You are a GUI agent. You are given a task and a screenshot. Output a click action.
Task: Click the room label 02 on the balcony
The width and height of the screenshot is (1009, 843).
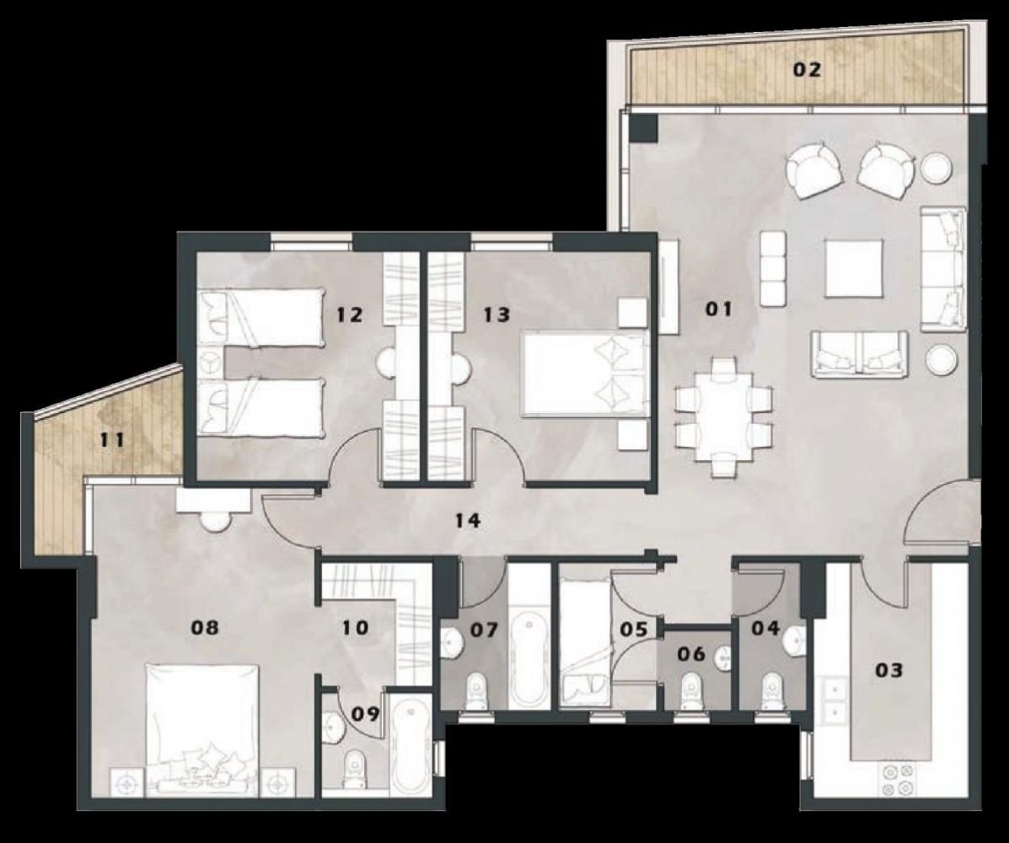pyautogui.click(x=806, y=70)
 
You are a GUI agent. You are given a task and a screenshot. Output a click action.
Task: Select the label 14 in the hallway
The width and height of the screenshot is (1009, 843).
pyautogui.click(x=466, y=521)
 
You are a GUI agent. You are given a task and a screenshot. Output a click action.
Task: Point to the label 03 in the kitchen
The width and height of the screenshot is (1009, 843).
pyautogui.click(x=889, y=671)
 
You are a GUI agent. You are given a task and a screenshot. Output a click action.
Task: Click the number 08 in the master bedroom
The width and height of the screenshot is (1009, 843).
pyautogui.click(x=205, y=627)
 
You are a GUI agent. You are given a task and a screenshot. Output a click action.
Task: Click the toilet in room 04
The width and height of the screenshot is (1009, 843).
pyautogui.click(x=770, y=690)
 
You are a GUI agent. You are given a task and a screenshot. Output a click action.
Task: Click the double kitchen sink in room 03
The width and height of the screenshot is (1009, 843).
pyautogui.click(x=834, y=701)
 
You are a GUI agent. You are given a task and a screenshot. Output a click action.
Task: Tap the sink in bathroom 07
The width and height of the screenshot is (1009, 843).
pyautogui.click(x=454, y=645)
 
